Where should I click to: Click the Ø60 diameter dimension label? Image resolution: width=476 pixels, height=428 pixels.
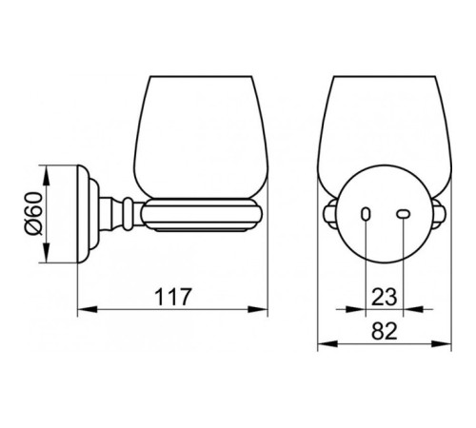tap(34, 214)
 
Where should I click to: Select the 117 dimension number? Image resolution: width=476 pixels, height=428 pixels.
tap(173, 297)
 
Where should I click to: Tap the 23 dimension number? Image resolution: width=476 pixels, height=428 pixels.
tap(384, 297)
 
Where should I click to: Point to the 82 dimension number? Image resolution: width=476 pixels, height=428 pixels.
tap(385, 331)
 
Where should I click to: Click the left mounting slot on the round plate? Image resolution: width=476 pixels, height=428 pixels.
tap(366, 214)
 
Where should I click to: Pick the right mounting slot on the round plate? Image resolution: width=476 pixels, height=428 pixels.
tap(404, 214)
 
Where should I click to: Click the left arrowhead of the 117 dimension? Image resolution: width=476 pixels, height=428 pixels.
tap(88, 309)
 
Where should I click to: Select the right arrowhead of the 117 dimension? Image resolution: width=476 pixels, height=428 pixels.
tap(258, 309)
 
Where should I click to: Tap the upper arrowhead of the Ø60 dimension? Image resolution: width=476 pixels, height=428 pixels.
tap(47, 175)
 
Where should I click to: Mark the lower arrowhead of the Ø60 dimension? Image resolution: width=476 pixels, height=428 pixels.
tap(47, 253)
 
